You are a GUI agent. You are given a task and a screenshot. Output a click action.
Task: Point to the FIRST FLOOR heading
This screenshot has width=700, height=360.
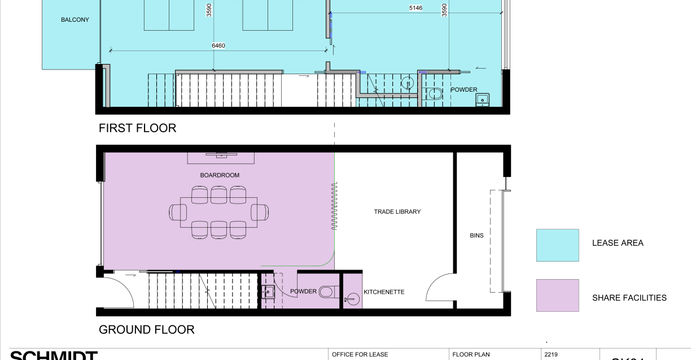click(x=137, y=128)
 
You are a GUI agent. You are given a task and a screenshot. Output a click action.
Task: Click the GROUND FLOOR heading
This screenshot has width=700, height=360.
click(x=146, y=329)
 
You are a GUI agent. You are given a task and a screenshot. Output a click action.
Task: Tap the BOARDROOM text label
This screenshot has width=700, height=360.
click(x=220, y=175)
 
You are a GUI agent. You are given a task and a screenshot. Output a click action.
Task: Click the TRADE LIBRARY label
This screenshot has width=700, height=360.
click(x=398, y=212)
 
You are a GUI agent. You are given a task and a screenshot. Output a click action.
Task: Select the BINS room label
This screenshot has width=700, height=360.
click(x=476, y=237)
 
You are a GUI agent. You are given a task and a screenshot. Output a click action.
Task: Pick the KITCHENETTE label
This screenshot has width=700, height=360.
click(x=384, y=292)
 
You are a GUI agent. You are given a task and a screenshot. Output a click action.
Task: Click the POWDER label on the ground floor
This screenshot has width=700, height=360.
click(x=303, y=292)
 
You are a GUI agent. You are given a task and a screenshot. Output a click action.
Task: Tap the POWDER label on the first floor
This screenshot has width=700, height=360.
click(x=463, y=89)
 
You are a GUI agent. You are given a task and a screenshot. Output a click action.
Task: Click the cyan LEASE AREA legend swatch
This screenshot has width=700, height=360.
click(x=558, y=244)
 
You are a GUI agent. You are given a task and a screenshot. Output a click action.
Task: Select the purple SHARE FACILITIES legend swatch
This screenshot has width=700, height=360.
click(x=558, y=297)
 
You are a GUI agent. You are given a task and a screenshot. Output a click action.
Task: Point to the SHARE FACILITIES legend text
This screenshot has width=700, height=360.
click(x=629, y=298)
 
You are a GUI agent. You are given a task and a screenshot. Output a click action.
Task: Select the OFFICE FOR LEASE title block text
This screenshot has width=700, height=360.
click(x=362, y=354)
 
